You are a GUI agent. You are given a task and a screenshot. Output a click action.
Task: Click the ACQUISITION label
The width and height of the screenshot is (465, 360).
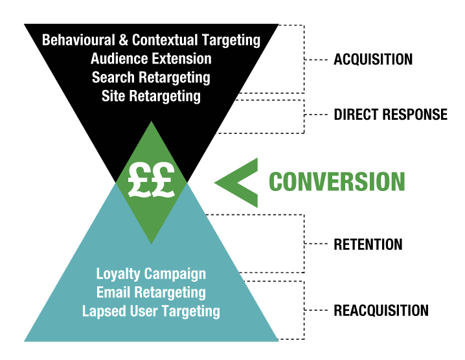coord(373,60)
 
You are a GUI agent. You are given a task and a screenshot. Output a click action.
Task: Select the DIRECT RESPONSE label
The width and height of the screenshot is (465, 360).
coord(391,115)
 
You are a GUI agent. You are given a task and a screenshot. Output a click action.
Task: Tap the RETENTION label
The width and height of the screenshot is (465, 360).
coord(368,245)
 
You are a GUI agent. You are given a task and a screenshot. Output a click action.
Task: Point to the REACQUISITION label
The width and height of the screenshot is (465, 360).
coord(381,310)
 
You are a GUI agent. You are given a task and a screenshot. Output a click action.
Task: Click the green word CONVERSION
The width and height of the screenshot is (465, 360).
coord(337,182)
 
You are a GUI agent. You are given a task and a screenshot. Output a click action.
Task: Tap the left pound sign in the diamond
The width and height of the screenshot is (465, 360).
coord(140,181)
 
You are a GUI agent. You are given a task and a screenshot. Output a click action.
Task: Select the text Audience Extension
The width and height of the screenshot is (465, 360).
coord(151,59)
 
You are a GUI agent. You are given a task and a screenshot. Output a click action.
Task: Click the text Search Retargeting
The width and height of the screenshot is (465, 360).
coord(151,78)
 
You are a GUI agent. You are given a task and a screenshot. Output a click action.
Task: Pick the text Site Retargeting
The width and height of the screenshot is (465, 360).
coord(151,96)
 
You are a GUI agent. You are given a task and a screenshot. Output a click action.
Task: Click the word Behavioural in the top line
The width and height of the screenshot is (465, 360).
coord(78,40)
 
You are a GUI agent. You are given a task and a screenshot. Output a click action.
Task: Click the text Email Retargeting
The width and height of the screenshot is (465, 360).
coord(151,292)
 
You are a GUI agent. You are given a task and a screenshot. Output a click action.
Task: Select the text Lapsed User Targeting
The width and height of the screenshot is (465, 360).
coord(151,311)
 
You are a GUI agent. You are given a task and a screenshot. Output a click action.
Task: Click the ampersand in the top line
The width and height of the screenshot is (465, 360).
coord(123,40)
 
